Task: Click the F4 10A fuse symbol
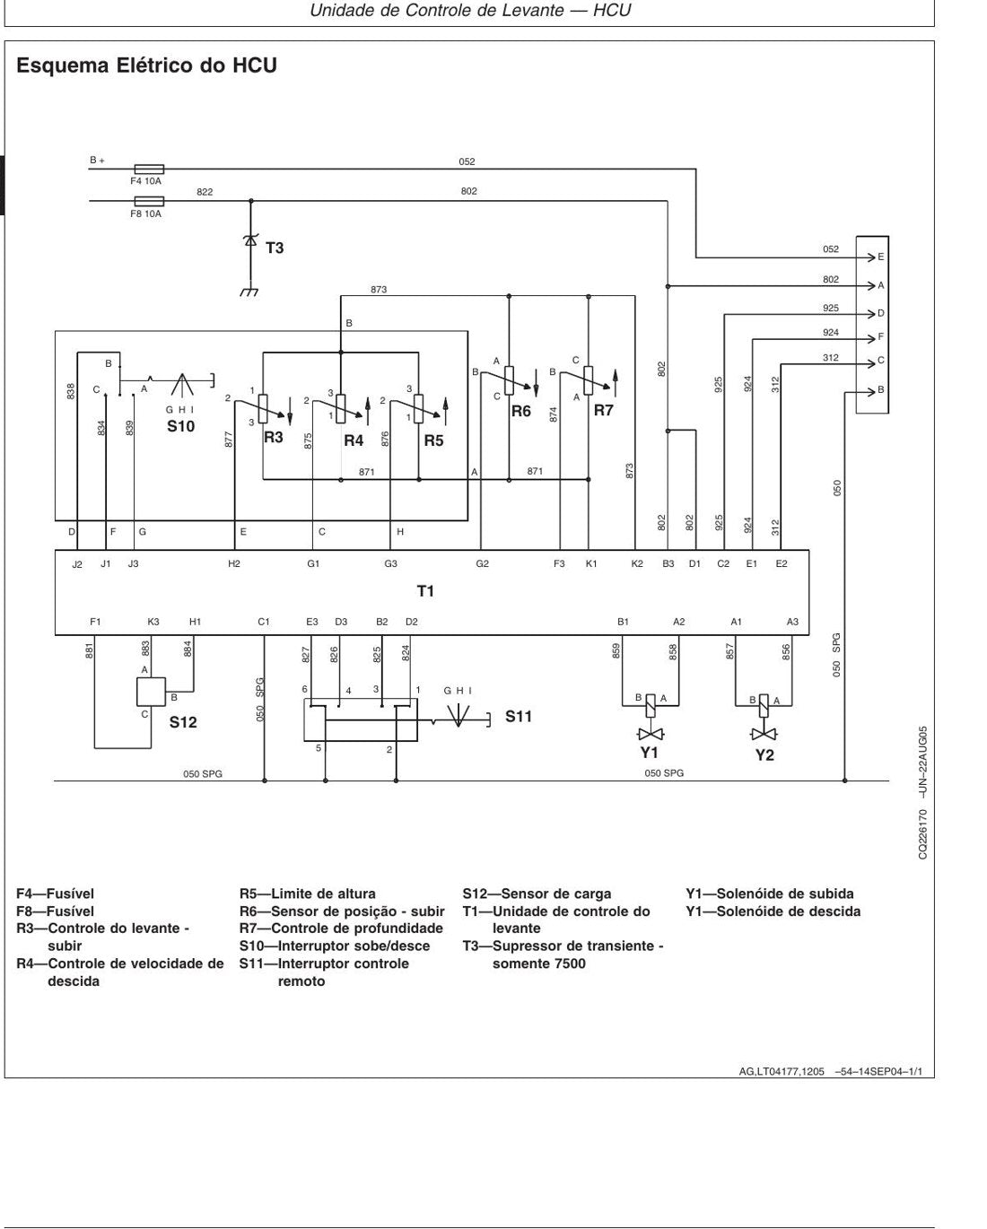coord(149,169)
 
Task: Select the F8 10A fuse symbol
coord(149,201)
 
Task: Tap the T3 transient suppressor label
coord(275,248)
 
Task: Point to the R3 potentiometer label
coord(274,437)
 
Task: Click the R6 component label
coord(521,411)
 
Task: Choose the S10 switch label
coord(180,426)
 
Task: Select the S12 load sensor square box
coord(151,692)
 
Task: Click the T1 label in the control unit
coord(425,591)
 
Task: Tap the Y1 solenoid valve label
coord(649,753)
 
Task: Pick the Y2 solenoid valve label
coord(764,755)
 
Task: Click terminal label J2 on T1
coord(77,565)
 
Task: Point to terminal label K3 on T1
coord(153,622)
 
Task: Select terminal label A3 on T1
coord(792,622)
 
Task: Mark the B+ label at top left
coord(97,161)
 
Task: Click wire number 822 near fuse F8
coord(205,192)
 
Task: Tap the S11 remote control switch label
coord(518,716)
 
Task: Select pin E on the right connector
coord(881,257)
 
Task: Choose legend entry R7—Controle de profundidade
coord(341,928)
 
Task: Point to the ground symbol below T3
coord(249,292)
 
